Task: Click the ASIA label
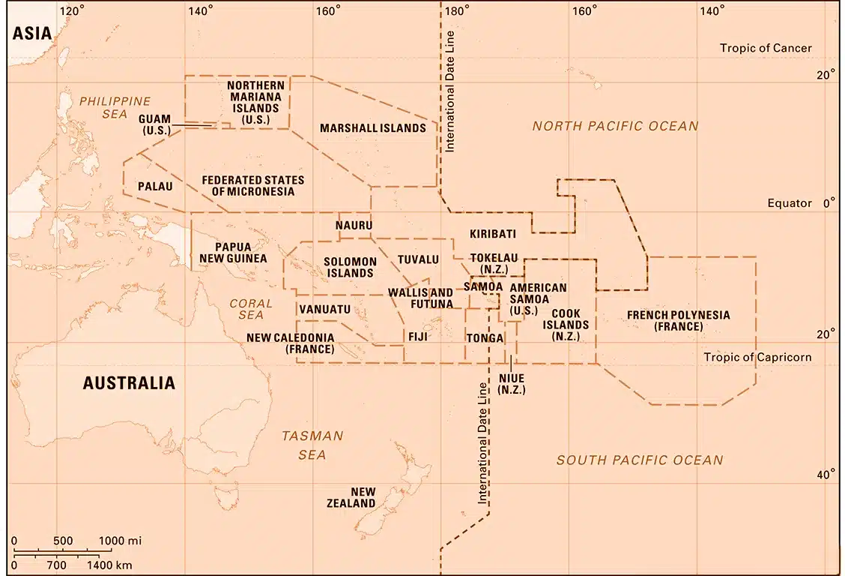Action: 31,33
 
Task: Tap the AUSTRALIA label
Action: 129,383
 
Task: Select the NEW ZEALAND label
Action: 351,498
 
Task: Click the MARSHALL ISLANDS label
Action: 373,128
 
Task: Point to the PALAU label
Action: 155,185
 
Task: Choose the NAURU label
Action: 354,225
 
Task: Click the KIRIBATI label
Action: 493,234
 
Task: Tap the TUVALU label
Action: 418,259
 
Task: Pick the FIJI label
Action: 417,337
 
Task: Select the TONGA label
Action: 485,338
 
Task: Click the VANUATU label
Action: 324,309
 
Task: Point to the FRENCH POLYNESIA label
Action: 678,320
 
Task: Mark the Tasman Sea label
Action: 312,445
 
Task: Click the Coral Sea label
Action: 246,309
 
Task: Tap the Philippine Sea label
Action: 115,107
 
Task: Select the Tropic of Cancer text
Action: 766,48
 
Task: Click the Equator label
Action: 790,203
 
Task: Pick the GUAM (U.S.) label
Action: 155,124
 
